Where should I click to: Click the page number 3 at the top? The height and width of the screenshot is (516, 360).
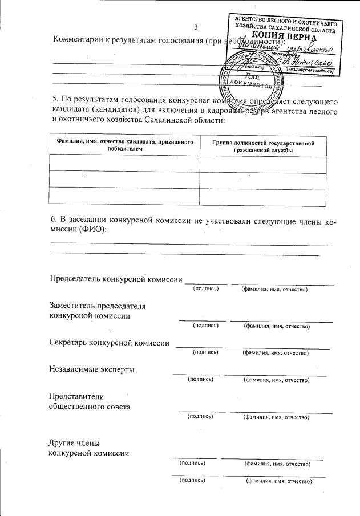point(196,27)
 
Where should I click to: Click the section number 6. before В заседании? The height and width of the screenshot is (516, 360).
point(55,220)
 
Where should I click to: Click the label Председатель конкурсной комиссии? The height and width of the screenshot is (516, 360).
point(116,279)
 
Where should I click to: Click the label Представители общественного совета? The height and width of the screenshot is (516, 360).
point(90,401)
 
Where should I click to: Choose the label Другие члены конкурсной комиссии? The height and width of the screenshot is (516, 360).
point(89,448)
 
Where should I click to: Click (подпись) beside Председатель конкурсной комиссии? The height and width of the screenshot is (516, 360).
point(206,289)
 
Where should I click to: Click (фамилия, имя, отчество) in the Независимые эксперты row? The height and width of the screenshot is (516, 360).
point(276,379)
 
